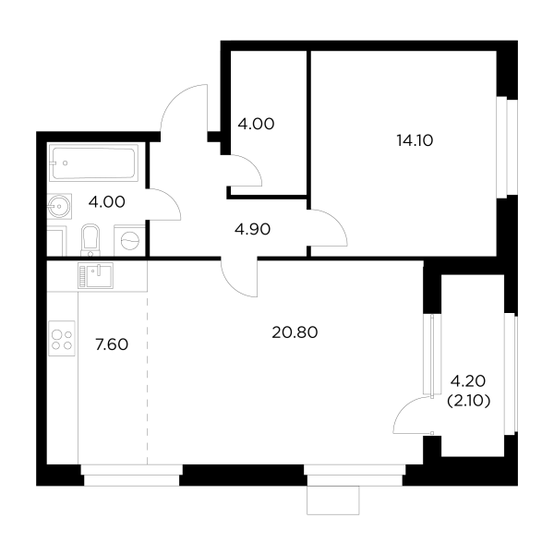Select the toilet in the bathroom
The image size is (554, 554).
90,239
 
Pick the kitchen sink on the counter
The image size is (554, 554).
94,275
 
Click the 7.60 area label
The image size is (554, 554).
112,344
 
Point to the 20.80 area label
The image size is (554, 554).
295,334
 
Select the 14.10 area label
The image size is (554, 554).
415,140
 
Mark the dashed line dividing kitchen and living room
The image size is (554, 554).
148,379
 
